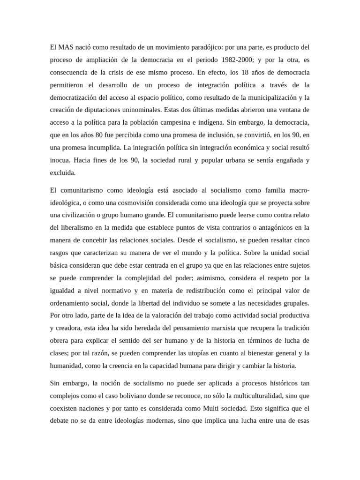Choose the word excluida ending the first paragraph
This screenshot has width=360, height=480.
coord(62,172)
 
